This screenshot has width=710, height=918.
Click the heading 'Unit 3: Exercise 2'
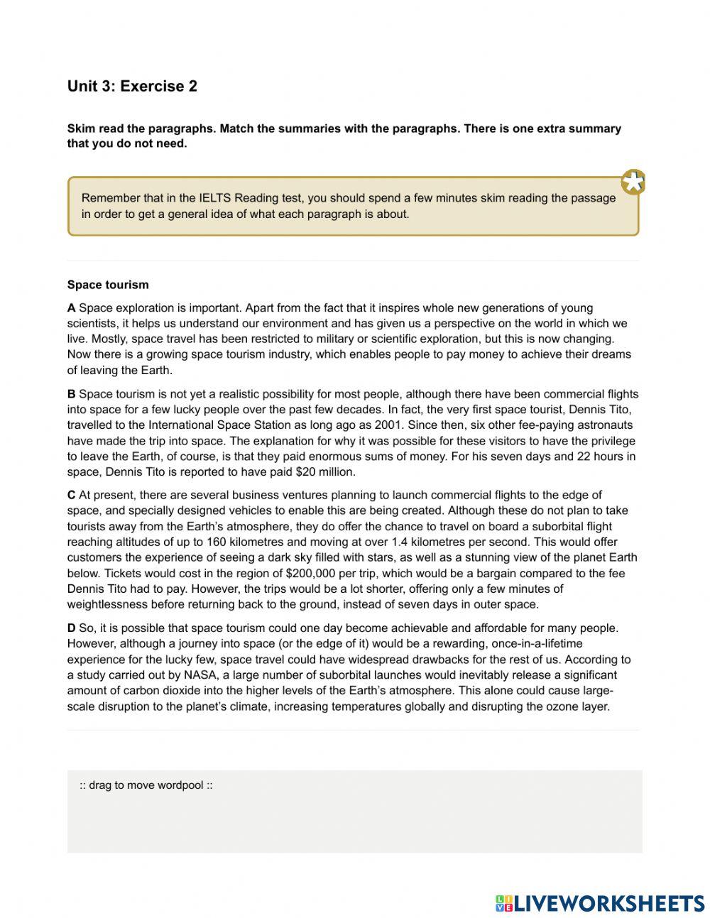coord(132,87)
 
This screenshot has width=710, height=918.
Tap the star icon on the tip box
coord(633,182)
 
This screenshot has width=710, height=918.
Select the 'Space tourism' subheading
coord(108,285)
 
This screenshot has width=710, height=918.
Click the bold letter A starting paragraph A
coord(71,308)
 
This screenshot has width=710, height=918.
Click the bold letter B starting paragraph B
coord(71,394)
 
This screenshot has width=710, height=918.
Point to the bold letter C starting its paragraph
coord(71,495)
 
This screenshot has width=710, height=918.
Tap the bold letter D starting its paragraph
coord(71,628)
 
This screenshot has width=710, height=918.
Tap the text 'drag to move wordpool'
coord(146,785)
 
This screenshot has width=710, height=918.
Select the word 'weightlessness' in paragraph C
coord(107,604)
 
